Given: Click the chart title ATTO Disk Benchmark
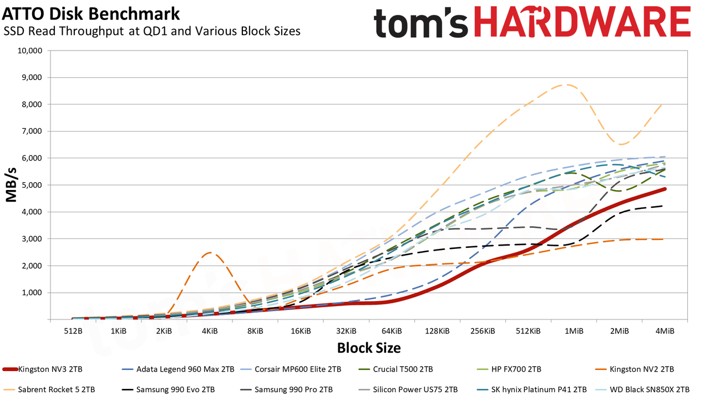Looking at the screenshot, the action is pos(91,14).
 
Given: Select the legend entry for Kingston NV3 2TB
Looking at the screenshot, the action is pos(43,369).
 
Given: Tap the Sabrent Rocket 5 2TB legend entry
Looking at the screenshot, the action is pos(49,389).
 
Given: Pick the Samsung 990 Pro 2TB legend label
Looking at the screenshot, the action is pos(286,389).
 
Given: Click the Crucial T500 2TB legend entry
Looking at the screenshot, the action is pos(396,369).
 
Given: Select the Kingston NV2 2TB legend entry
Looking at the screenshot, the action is pos(635,369).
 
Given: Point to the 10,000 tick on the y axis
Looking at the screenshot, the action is pos(29,51).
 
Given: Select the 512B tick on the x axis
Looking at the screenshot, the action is pos(73,331).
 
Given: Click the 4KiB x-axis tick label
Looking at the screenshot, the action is pos(210,331).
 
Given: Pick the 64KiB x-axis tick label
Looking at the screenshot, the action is pos(392,331).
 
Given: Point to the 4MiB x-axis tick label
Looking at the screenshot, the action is pos(665,331).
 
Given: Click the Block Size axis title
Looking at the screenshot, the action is pos(369,348).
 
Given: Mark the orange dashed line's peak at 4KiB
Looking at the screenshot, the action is pos(210,253).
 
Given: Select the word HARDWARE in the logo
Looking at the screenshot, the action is pos(582,22).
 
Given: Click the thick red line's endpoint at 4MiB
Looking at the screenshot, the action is pos(665,189).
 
